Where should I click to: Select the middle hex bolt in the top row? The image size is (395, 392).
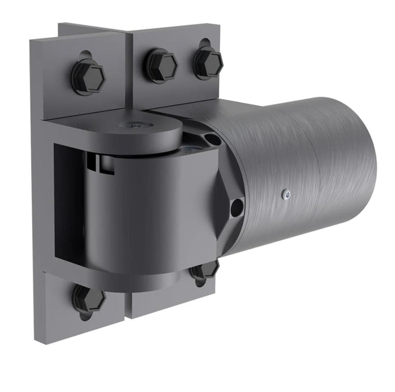pos(162,66)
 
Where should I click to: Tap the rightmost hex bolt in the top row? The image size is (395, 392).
pos(208,62)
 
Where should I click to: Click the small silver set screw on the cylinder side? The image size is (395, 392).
pos(286,194)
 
